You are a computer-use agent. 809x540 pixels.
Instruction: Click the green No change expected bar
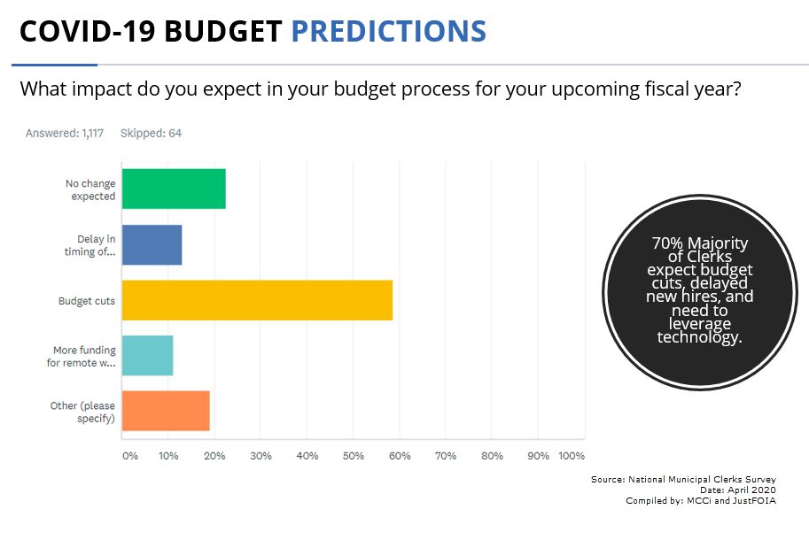pyautogui.click(x=174, y=189)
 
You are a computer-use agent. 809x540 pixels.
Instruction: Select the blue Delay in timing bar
pyautogui.click(x=152, y=244)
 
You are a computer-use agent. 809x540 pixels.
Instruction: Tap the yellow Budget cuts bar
pyautogui.click(x=258, y=300)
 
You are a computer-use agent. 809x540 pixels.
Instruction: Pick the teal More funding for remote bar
pyautogui.click(x=148, y=356)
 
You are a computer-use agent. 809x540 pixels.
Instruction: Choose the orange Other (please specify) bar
pyautogui.click(x=166, y=411)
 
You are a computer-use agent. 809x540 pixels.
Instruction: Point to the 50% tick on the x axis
pyautogui.click(x=354, y=456)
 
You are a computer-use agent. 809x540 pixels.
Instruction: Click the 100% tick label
pyautogui.click(x=572, y=456)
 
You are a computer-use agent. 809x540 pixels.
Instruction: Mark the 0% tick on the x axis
pyautogui.click(x=130, y=456)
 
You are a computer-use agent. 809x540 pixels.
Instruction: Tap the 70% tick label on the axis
pyautogui.click(x=446, y=456)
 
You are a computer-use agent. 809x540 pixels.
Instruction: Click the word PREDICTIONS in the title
pyautogui.click(x=389, y=31)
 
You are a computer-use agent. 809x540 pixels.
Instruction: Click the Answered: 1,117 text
pyautogui.click(x=65, y=133)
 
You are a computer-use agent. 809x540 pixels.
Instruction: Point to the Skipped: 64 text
pyautogui.click(x=152, y=133)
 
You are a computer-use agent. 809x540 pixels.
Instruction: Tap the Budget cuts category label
pyautogui.click(x=87, y=301)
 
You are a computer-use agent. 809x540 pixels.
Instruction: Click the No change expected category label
pyautogui.click(x=90, y=189)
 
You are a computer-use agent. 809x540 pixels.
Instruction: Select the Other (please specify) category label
pyautogui.click(x=82, y=412)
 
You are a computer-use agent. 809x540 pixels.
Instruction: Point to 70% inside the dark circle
pyautogui.click(x=667, y=243)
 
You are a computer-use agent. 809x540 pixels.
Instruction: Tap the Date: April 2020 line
pyautogui.click(x=738, y=490)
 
